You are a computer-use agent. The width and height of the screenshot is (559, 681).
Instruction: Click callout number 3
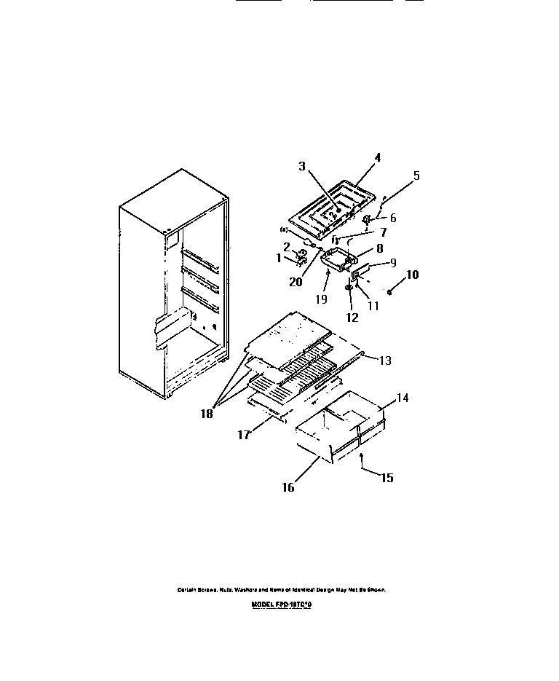coord(302,165)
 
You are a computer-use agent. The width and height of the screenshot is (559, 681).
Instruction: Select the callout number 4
coord(377,157)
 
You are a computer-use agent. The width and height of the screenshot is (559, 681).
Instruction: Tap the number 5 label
coord(416,176)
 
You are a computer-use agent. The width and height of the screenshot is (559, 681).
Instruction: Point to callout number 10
coord(412,275)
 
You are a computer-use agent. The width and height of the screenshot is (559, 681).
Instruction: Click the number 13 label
coord(385,359)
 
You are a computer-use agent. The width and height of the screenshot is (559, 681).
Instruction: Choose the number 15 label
coord(386,478)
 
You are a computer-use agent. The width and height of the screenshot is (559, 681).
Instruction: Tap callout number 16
coord(288,487)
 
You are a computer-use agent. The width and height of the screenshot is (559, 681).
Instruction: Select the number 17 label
coord(244,435)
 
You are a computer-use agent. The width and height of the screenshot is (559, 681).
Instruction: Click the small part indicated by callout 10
coord(390,292)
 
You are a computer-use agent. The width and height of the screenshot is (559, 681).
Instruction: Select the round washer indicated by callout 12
coord(348,288)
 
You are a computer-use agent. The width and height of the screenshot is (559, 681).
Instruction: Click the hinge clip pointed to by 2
coord(300,255)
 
